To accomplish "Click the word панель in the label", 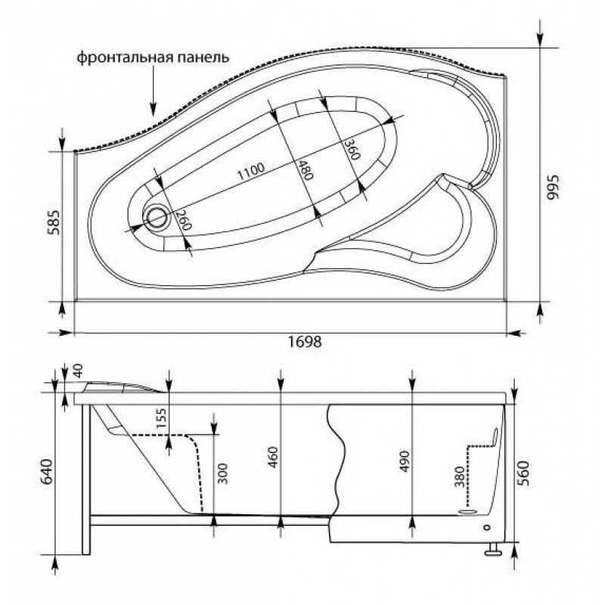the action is (203, 58).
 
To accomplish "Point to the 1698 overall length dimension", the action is (305, 341).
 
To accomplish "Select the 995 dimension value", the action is (553, 187).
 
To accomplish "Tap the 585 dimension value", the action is (54, 222).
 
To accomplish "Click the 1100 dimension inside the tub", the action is (251, 172).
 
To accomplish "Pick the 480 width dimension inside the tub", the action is (304, 169).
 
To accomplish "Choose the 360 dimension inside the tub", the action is (352, 148).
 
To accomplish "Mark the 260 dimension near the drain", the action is (183, 220).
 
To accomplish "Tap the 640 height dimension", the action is (47, 471).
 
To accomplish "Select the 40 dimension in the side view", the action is (78, 371).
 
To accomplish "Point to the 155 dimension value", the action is (161, 418).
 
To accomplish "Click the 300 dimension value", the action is (222, 473).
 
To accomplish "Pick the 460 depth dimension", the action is (273, 458).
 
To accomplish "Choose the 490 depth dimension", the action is (404, 461).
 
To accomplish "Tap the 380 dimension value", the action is (459, 477).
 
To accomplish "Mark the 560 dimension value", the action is (524, 473).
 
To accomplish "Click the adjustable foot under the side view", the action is (493, 549).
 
